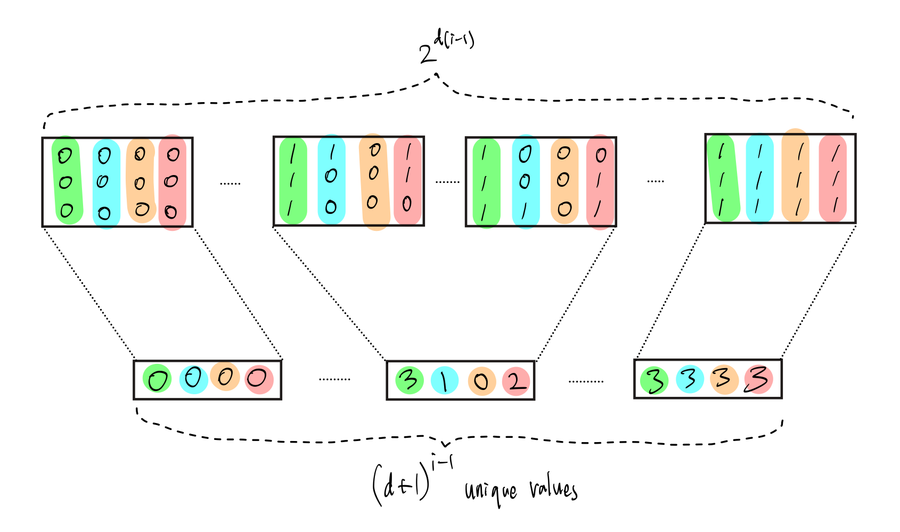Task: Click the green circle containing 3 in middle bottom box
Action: pyautogui.click(x=409, y=380)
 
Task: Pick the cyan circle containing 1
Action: pyautogui.click(x=444, y=380)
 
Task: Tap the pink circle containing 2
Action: pyautogui.click(x=516, y=381)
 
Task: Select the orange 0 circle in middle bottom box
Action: pyautogui.click(x=481, y=381)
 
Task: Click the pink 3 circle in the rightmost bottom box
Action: pyautogui.click(x=758, y=379)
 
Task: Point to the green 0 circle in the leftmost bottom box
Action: pyautogui.click(x=157, y=379)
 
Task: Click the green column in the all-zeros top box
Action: pyautogui.click(x=67, y=181)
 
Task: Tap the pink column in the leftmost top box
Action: pyautogui.click(x=173, y=182)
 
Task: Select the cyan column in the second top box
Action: pyautogui.click(x=331, y=180)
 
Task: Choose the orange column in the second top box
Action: pyautogui.click(x=374, y=181)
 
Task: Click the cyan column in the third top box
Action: pyautogui.click(x=526, y=181)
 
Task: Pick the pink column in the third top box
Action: pyautogui.click(x=600, y=181)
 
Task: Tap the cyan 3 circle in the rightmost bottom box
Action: pyautogui.click(x=690, y=379)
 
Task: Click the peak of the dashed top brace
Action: pyautogui.click(x=437, y=74)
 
